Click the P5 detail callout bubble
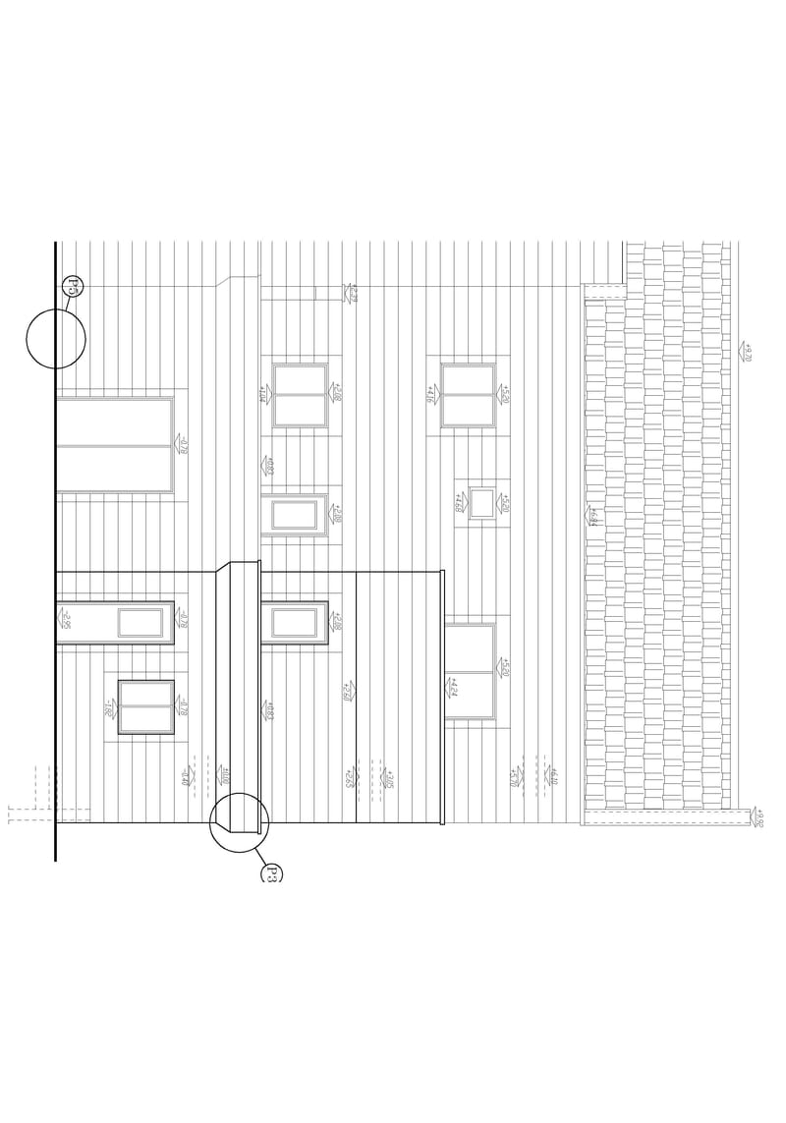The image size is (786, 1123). [73, 286]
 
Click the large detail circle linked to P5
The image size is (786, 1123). [56, 338]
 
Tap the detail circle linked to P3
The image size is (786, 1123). [239, 822]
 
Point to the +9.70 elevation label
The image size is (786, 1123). [746, 352]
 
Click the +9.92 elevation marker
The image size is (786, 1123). [758, 816]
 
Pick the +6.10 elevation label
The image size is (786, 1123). [551, 776]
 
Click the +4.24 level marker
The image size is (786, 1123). [451, 687]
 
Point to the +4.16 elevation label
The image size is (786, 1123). [430, 394]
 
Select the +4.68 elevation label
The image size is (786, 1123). [459, 502]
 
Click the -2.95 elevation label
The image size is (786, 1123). [64, 619]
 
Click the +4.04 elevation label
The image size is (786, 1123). [263, 394]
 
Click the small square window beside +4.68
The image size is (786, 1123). [481, 502]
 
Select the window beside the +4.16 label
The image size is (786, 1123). [468, 395]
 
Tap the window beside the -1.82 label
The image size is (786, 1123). [145, 706]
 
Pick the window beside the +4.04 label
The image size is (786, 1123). [300, 395]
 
